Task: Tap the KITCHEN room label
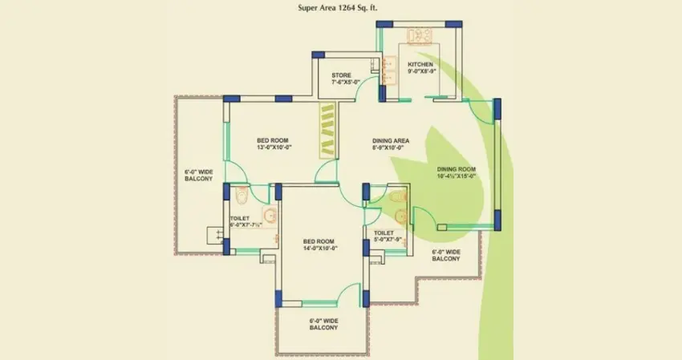point(420,64)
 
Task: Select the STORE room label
point(341,76)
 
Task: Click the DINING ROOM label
point(457,169)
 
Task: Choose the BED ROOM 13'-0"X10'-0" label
point(274,142)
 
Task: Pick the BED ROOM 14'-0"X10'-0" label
point(319,244)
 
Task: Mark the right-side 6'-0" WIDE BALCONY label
point(446,255)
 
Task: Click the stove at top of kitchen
point(419,37)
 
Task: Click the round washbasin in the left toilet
point(270,214)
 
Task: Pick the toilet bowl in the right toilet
point(395,196)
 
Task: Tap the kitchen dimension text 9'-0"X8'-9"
point(421,71)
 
